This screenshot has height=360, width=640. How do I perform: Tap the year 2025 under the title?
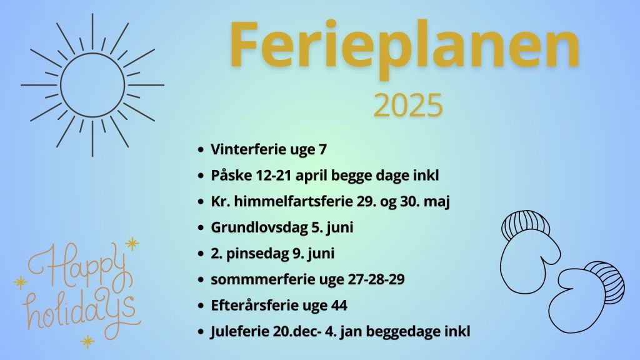(408, 105)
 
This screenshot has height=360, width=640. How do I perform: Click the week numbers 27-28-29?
(376, 279)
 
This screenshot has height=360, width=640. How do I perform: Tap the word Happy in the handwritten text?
(77, 264)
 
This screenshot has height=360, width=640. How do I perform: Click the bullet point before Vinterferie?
(200, 150)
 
